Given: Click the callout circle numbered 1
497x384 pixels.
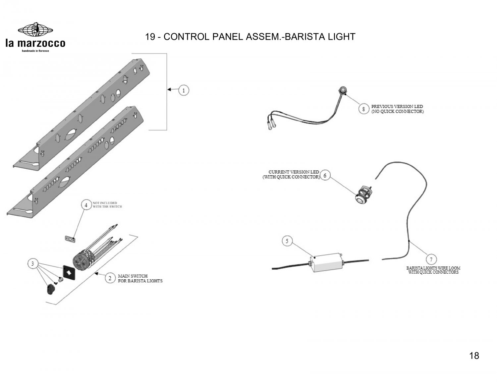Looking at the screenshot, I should [184, 90].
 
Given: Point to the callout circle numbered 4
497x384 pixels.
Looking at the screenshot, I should [86, 205].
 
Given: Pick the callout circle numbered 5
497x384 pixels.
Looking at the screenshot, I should [287, 242].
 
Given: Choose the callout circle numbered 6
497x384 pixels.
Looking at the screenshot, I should [325, 175].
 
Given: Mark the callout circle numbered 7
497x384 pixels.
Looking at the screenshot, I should [431, 259].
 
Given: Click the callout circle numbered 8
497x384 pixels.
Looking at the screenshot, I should [364, 109].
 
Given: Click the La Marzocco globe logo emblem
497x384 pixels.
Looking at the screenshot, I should [35, 30].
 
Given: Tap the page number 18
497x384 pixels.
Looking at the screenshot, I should [474, 356].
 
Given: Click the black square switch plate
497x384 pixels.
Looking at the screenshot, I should [69, 273].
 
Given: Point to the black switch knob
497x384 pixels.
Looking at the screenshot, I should [50, 289].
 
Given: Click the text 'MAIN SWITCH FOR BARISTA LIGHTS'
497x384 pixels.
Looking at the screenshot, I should [140, 278].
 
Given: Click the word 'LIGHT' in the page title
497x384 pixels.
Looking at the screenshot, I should [342, 36].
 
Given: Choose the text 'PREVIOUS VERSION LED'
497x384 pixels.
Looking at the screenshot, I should [397, 107].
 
